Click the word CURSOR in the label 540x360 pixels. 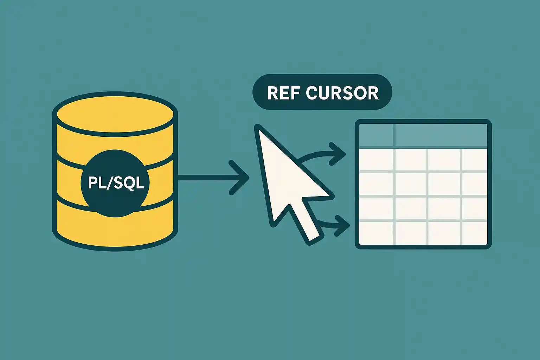[342, 93]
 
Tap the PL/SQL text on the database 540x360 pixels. [116, 183]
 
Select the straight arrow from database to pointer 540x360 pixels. [207, 178]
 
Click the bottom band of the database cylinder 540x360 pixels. [115, 225]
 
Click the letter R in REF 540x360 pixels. [273, 93]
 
